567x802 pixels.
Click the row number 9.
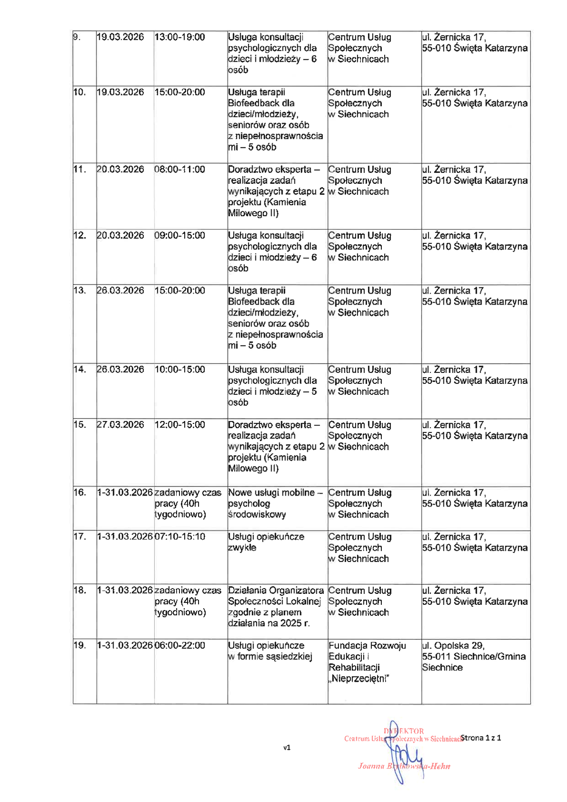pyautogui.click(x=76, y=37)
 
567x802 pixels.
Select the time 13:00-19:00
pyautogui.click(x=179, y=37)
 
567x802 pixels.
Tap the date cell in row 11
pyautogui.click(x=120, y=169)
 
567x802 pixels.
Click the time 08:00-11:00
pyautogui.click(x=179, y=169)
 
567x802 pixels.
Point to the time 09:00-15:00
pyautogui.click(x=179, y=235)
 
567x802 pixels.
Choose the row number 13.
pyautogui.click(x=79, y=291)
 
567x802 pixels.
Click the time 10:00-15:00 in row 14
pyautogui.click(x=179, y=369)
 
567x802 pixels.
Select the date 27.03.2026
pyautogui.click(x=120, y=425)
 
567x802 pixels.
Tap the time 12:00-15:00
pyautogui.click(x=179, y=425)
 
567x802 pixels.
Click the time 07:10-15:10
pyautogui.click(x=179, y=537)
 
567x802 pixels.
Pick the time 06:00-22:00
pyautogui.click(x=179, y=645)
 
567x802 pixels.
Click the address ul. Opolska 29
pyautogui.click(x=453, y=645)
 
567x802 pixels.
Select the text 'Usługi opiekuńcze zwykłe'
pyautogui.click(x=266, y=542)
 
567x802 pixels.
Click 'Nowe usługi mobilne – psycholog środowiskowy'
pyautogui.click(x=275, y=503)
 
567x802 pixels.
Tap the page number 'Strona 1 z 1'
pyautogui.click(x=481, y=738)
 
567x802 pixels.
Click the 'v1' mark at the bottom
pyautogui.click(x=287, y=748)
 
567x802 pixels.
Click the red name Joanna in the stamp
pyautogui.click(x=371, y=766)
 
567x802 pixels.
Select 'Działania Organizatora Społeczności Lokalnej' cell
pyautogui.click(x=275, y=606)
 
